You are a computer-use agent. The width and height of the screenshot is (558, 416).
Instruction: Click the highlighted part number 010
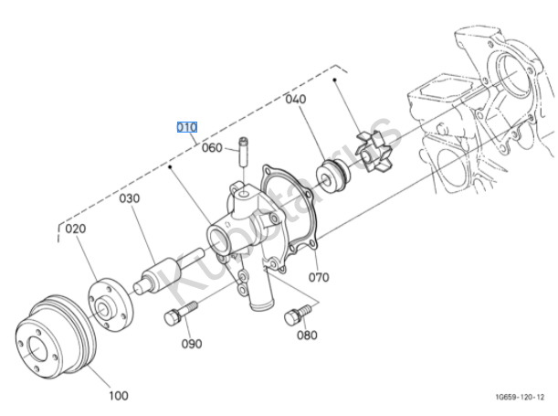[x=186, y=126]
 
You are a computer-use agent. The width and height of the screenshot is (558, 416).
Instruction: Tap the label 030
[x=128, y=197]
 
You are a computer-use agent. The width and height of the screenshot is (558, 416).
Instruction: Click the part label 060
[x=212, y=148]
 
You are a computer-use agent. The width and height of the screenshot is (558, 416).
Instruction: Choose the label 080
[x=307, y=335]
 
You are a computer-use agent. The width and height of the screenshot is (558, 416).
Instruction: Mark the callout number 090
[x=191, y=344]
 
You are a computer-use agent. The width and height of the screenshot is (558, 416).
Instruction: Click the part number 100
[x=118, y=396]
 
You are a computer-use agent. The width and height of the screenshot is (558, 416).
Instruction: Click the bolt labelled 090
[x=174, y=318]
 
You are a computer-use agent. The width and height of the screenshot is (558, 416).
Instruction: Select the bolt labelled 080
[x=294, y=316]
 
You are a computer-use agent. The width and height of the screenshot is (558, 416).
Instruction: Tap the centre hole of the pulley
[x=37, y=347]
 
